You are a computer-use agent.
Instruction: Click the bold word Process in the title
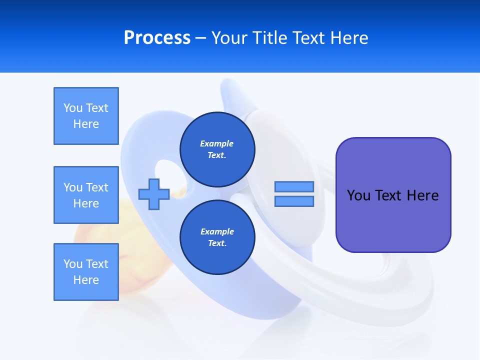(157, 38)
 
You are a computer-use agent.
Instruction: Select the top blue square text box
(86, 116)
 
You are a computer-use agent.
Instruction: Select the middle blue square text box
(86, 195)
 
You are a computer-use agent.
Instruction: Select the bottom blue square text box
(86, 272)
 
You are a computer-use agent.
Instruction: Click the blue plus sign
(154, 194)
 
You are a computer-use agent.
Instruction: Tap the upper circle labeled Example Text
(217, 149)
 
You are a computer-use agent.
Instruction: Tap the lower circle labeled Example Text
(217, 237)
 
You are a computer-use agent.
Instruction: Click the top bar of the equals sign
(294, 186)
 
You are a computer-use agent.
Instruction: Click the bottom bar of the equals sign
(294, 201)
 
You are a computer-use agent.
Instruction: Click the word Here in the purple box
(422, 195)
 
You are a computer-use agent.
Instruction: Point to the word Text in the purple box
(388, 195)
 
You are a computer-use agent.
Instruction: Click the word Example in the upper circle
(216, 143)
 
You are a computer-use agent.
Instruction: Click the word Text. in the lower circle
(217, 243)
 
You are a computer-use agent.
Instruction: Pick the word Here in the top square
(86, 124)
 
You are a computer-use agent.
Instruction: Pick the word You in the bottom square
(73, 264)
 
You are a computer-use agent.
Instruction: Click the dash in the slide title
(200, 38)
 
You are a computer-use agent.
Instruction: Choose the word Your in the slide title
(229, 38)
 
